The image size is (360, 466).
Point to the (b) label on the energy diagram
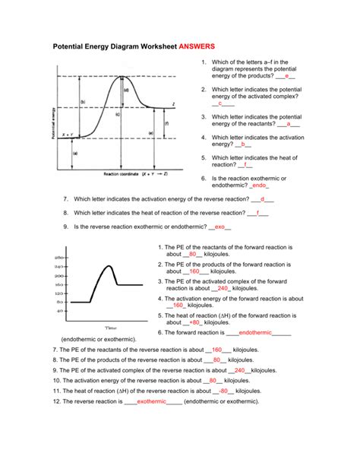(x=82, y=101)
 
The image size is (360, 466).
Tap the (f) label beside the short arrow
(x=166, y=123)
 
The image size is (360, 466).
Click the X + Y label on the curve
(x=67, y=135)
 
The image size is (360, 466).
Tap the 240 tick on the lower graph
(x=58, y=267)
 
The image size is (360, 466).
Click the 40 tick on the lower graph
(x=59, y=311)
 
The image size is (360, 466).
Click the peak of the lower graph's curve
(x=110, y=265)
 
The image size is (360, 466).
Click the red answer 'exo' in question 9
(x=219, y=227)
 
